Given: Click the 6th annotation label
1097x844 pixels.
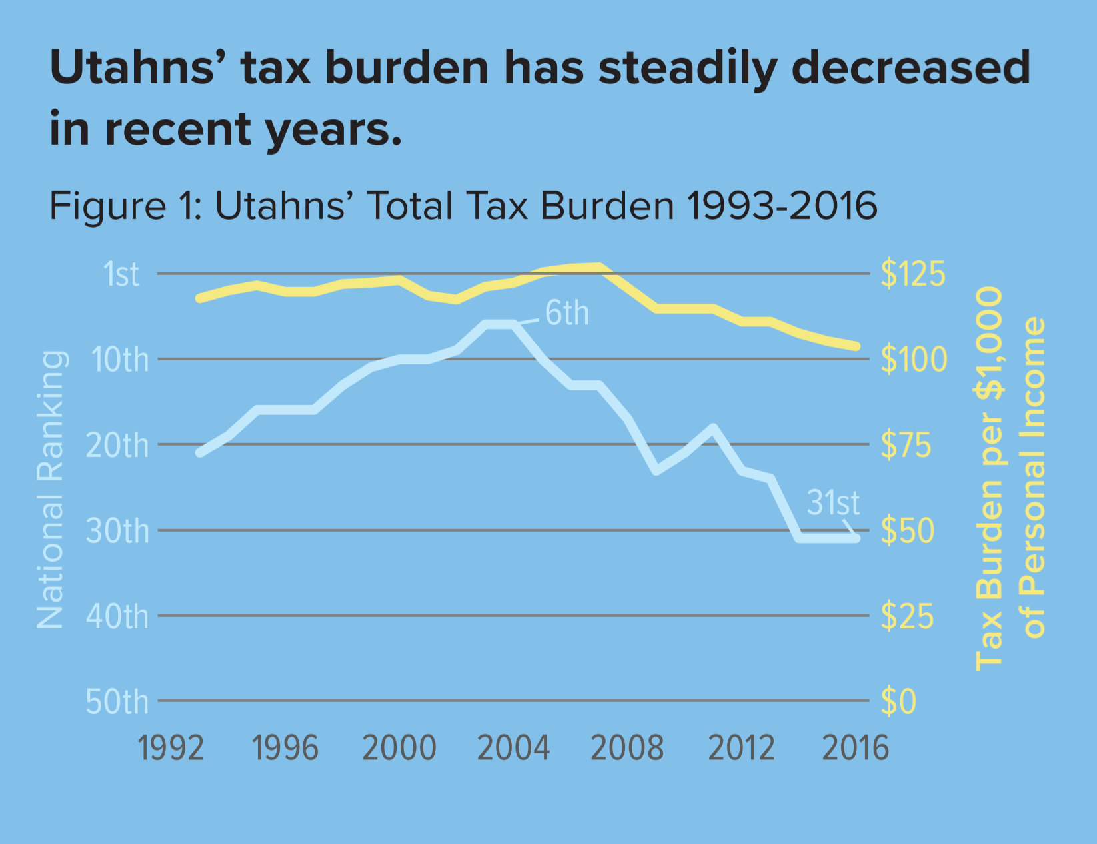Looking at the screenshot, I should click(x=566, y=313).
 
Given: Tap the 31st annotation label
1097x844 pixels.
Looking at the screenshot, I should click(x=832, y=502).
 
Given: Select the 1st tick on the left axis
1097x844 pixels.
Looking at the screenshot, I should click(x=121, y=274).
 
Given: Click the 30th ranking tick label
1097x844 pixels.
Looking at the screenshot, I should click(x=118, y=531).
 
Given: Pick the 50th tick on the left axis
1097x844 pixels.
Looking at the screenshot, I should click(x=117, y=702).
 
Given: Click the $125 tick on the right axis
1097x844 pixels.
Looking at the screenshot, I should click(x=912, y=274).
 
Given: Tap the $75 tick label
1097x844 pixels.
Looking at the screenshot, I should click(x=905, y=445).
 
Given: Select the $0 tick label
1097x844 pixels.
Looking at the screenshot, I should click(x=898, y=702).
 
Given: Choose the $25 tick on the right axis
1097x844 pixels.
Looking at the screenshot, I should click(x=906, y=616).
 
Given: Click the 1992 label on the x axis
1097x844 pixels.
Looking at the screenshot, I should click(x=171, y=748).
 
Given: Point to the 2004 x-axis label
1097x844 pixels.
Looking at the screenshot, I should click(x=513, y=748).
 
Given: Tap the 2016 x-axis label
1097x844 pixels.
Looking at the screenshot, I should click(x=855, y=748).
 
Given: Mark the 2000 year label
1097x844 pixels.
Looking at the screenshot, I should click(x=399, y=748).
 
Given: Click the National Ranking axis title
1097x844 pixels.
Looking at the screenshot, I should click(x=51, y=490).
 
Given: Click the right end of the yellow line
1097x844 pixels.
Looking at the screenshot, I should click(x=857, y=346).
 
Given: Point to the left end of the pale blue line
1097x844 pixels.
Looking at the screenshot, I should click(x=199, y=453).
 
